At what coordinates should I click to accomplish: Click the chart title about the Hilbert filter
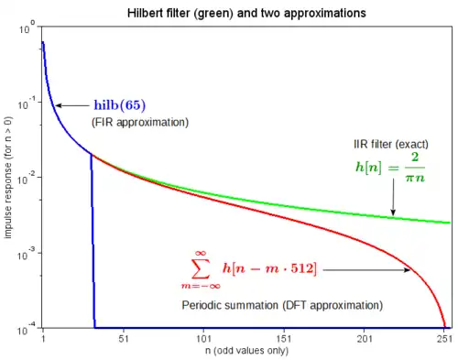tap(246, 13)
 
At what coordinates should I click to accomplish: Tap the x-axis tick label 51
tap(124, 339)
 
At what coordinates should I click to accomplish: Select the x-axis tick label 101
tap(203, 339)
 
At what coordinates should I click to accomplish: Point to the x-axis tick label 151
tap(284, 339)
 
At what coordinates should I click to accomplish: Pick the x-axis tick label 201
tap(365, 339)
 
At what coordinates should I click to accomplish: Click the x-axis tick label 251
tap(444, 339)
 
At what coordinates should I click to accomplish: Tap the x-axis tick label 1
tap(43, 339)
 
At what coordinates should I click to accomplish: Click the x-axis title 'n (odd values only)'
tap(246, 351)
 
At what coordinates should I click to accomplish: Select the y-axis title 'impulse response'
tap(8, 178)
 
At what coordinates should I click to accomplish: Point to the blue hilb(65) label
tap(120, 105)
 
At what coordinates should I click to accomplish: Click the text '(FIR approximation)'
tap(140, 122)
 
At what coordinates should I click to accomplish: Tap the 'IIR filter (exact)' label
tap(391, 144)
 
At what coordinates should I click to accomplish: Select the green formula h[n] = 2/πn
tap(390, 168)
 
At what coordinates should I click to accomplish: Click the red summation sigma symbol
tap(201, 268)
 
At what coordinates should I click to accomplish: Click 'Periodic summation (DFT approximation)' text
tap(282, 305)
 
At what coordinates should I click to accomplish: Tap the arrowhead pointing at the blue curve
tap(59, 105)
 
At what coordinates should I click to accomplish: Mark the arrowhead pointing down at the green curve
tap(393, 213)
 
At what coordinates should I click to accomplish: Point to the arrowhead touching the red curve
tap(408, 270)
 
